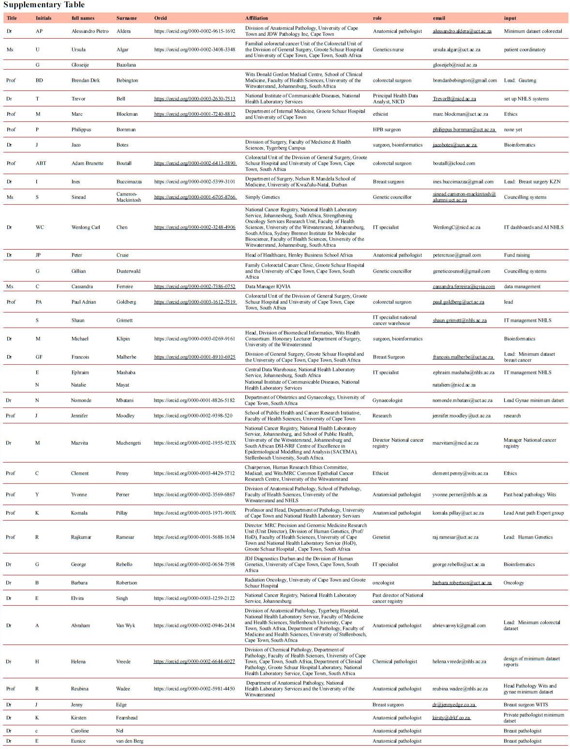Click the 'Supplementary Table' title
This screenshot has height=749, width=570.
click(44, 5)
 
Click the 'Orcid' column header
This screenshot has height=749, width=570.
click(161, 18)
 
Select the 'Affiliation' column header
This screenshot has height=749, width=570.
click(256, 18)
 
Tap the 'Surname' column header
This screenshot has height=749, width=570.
click(126, 18)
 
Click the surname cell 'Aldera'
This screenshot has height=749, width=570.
click(123, 31)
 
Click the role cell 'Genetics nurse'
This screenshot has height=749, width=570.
click(388, 49)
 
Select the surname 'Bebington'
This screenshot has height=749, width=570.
click(127, 80)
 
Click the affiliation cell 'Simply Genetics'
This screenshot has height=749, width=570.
click(262, 197)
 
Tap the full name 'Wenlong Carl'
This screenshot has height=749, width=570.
click(86, 227)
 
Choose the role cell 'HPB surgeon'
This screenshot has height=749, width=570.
click(387, 130)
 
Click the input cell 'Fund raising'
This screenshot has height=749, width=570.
click(517, 255)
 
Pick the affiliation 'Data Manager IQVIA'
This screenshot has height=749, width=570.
click(268, 286)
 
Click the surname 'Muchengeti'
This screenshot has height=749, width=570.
click(128, 443)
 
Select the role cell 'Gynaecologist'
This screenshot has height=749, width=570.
click(387, 400)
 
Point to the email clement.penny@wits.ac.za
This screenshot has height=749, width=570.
click(460, 473)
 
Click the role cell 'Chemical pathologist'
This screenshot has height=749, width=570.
click(394, 661)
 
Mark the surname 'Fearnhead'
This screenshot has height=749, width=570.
click(126, 718)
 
